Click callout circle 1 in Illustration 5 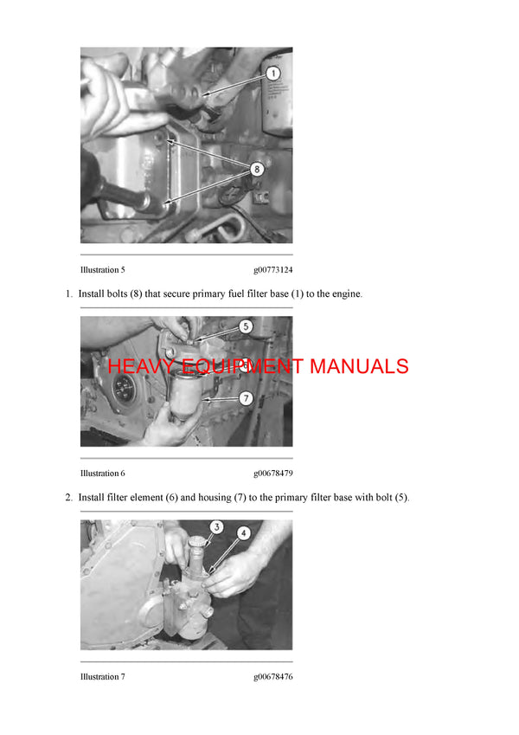272,74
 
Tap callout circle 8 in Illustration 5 257,169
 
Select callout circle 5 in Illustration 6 246,327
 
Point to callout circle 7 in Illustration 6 246,398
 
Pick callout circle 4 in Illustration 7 244,533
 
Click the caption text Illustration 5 102,270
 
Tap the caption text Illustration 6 102,474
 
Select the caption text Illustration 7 102,677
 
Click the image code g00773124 272,270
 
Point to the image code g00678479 272,474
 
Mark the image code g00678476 272,677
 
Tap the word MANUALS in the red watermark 359,366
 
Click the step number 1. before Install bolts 69,294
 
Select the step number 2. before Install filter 69,498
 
